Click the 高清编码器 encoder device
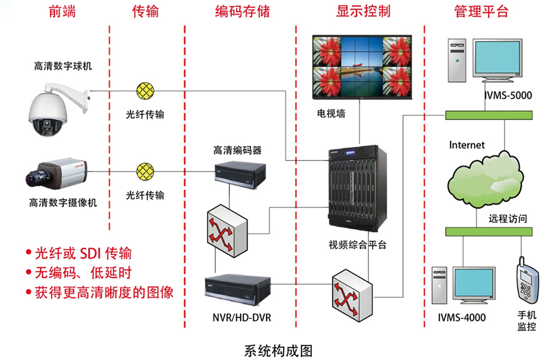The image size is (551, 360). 237,173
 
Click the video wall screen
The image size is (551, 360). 361,67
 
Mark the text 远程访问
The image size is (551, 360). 507,218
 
